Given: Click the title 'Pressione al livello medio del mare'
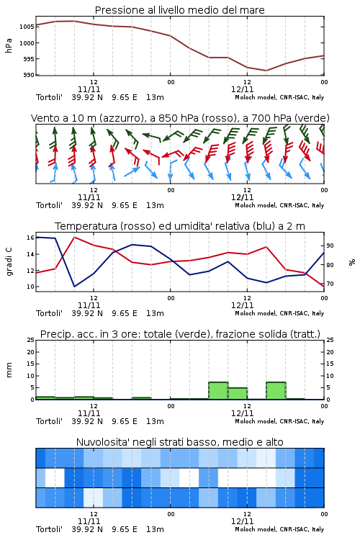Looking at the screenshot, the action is (x=179, y=10).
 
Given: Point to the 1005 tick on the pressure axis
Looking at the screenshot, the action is (x=27, y=27).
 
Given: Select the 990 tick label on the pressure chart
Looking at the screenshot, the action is (x=28, y=75).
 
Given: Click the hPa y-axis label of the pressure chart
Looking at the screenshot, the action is (x=9, y=45).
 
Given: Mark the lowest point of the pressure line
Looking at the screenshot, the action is (x=266, y=71).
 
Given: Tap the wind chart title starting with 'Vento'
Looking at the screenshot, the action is (x=180, y=118).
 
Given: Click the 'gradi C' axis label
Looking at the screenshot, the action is (x=9, y=262).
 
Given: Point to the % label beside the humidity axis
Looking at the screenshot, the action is (x=352, y=262).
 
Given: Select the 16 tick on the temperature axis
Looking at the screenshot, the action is (x=30, y=238).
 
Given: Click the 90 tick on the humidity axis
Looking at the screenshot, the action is (x=330, y=246).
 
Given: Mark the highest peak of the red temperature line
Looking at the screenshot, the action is (x=74, y=238).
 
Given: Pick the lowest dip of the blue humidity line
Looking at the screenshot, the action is (x=74, y=287).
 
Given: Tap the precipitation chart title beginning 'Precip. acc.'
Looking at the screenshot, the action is (x=180, y=334).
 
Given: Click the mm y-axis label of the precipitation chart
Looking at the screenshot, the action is (x=9, y=370).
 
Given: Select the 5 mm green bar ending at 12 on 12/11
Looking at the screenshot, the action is (x=238, y=394).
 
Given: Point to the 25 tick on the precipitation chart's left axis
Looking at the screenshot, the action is (x=30, y=340).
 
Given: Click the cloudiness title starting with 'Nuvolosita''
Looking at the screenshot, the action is (x=179, y=442).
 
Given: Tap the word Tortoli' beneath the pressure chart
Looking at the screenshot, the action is (x=49, y=97).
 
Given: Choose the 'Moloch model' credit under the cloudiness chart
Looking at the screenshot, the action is (x=255, y=529).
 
